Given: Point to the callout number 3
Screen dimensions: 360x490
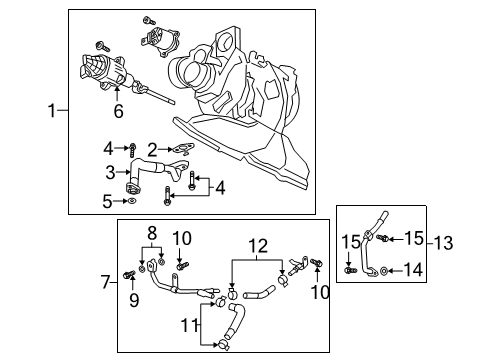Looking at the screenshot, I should (x=111, y=172).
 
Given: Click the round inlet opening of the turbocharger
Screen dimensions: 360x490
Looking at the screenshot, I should (x=186, y=72).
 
